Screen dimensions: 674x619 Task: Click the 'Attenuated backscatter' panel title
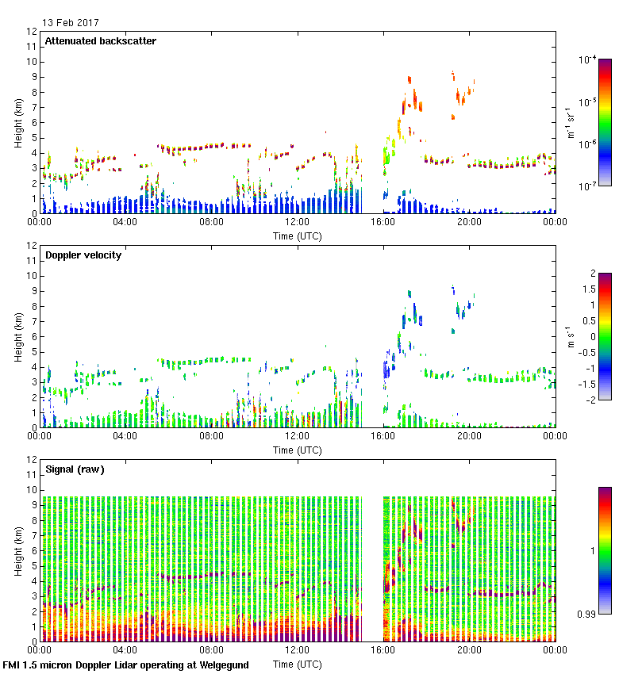(100, 41)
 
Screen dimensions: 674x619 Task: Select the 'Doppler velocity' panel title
(83, 255)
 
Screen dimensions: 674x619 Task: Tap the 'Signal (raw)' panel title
(74, 469)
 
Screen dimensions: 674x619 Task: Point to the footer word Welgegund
(218, 665)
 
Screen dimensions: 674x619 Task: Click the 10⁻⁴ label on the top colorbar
(587, 59)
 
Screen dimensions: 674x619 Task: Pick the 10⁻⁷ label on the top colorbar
(587, 186)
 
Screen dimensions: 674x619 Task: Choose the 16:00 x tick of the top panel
(383, 222)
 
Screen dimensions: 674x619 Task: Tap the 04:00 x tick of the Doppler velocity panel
(125, 436)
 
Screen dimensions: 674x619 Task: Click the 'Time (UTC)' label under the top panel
(297, 236)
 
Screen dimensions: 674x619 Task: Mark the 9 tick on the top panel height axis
(33, 77)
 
